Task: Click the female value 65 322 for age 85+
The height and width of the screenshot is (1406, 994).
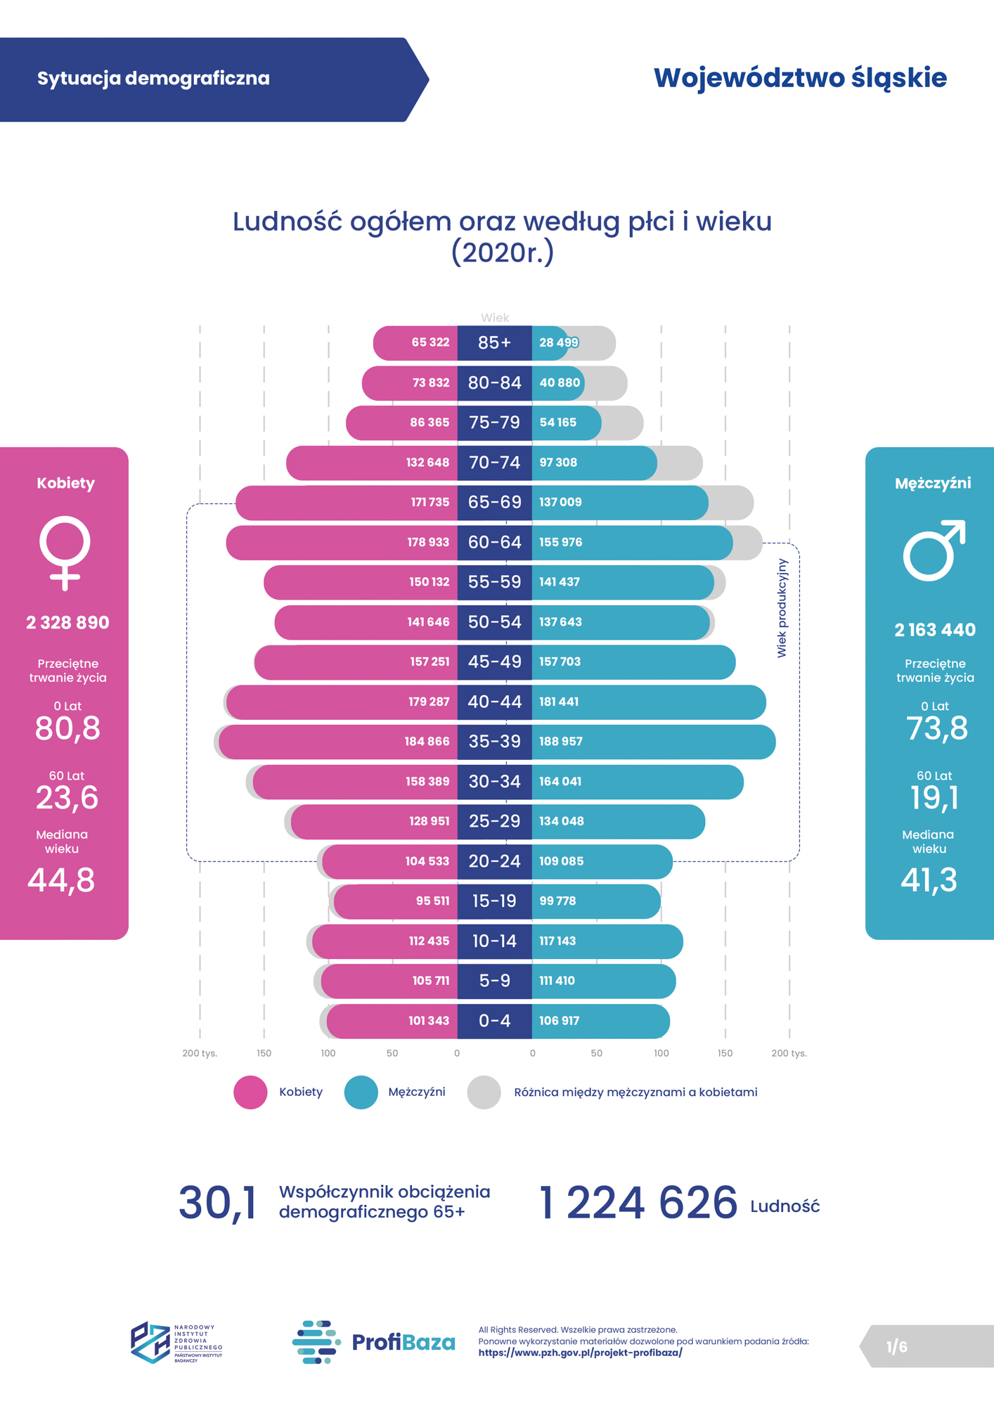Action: pos(430,342)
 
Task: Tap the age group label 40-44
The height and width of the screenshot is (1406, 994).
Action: pos(494,702)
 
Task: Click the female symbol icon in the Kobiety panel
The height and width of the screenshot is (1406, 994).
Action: pos(65,553)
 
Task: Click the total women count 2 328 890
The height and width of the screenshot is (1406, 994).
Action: pos(67,623)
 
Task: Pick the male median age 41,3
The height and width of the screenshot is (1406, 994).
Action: pos(929,880)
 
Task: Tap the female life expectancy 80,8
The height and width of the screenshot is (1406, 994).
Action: pos(67,728)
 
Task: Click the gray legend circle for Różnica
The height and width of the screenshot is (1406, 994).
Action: pos(484,1092)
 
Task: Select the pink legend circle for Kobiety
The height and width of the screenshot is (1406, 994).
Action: pos(250,1092)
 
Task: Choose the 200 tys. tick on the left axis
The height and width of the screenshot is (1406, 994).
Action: pos(200,1053)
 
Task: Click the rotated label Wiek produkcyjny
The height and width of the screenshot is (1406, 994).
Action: pos(782,608)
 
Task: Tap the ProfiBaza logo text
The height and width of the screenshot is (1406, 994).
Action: pos(403,1342)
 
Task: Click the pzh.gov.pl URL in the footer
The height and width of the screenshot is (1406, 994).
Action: pos(580,1353)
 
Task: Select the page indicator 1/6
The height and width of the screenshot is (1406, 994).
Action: pos(896,1347)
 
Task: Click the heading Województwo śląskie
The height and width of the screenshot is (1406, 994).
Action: pos(800,78)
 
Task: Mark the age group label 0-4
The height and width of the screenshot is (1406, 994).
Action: pos(494,1021)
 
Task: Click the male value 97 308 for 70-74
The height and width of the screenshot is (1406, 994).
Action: pos(557,463)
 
